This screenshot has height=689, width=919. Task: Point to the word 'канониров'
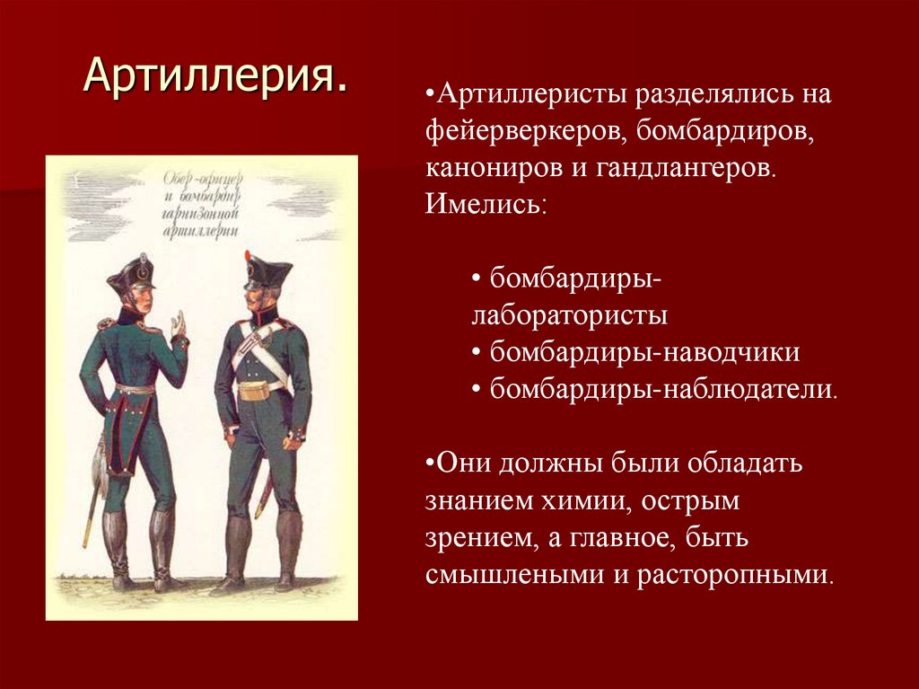click(x=493, y=168)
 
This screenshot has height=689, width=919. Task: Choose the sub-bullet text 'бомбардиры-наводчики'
click(x=644, y=352)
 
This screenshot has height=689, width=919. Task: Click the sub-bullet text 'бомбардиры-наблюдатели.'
click(x=664, y=389)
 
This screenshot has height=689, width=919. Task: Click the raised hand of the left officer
click(x=179, y=325)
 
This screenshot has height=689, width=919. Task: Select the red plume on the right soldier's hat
click(x=249, y=257)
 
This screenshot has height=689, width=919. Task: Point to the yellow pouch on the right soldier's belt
click(x=254, y=391)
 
